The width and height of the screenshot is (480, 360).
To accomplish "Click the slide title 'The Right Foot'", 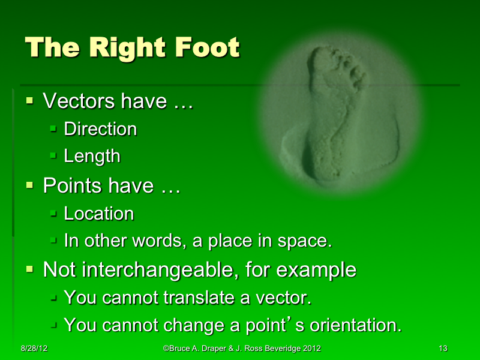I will pyautogui.click(x=132, y=48).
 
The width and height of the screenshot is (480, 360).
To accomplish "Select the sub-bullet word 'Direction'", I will pyautogui.click(x=100, y=129).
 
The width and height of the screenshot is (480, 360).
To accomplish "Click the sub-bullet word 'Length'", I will pyautogui.click(x=92, y=157).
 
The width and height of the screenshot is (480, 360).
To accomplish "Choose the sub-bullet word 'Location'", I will pyautogui.click(x=98, y=214).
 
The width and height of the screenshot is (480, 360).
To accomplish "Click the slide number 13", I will pyautogui.click(x=443, y=349).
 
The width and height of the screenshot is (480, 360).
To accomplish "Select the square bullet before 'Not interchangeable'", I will pyautogui.click(x=30, y=269).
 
